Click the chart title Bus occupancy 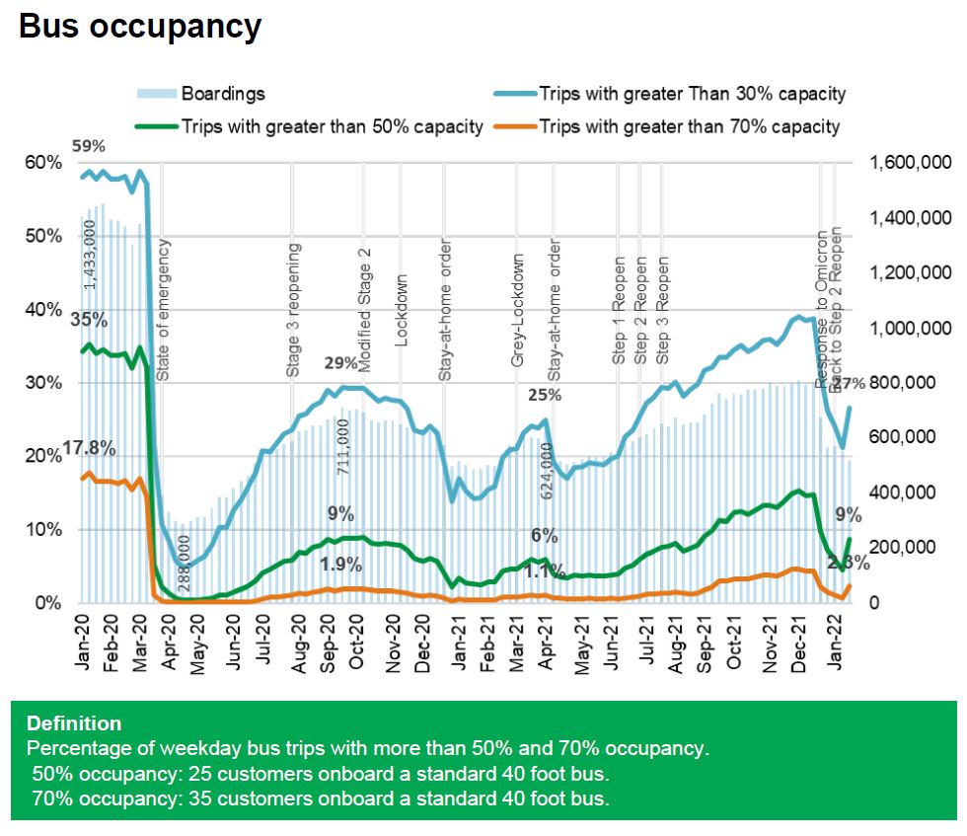pos(140,27)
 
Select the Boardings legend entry pos(223,95)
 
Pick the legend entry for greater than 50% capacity pos(331,126)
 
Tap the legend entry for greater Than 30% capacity pos(692,95)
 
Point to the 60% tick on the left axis pos(37,163)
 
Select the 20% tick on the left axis pos(37,456)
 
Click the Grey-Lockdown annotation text pos(518,311)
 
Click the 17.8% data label pos(89,449)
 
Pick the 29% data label pos(341,363)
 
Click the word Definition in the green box pos(74,723)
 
